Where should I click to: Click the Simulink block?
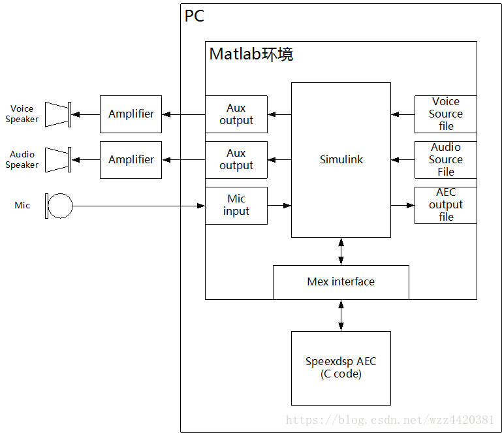341,159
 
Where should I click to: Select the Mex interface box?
341,282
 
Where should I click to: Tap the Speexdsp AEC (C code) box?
341,368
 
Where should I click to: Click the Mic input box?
236,205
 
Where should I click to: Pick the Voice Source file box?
446,114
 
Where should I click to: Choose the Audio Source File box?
446,159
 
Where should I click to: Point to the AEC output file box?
446,205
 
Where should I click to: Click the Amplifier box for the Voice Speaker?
131,114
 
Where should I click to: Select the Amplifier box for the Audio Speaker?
131,159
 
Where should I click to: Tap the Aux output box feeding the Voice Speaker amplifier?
236,114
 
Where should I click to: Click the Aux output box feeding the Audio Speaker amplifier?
236,159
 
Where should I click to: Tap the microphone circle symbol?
60,206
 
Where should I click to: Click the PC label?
195,16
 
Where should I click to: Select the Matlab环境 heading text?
251,54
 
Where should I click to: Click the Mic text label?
22,205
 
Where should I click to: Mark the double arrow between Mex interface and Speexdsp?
341,315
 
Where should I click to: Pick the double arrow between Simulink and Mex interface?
341,251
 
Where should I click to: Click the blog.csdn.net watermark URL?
390,419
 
